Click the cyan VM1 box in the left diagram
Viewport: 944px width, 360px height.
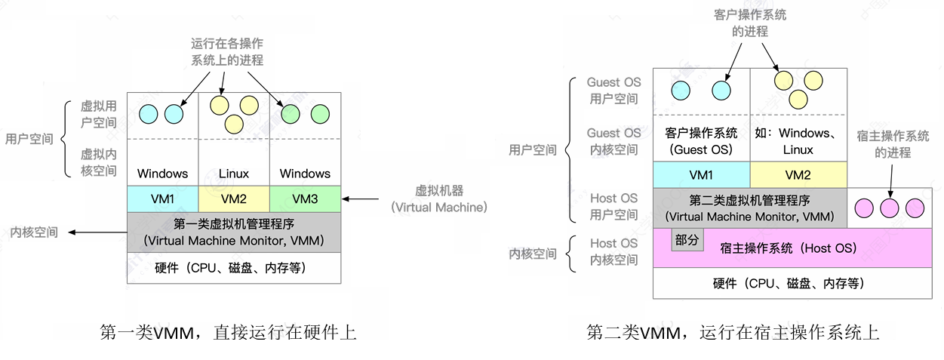click(x=162, y=199)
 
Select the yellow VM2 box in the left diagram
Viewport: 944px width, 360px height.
click(x=234, y=199)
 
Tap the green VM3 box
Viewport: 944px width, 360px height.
click(x=305, y=199)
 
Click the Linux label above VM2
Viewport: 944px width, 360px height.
click(x=234, y=174)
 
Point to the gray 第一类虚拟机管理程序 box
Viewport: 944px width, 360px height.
click(x=234, y=232)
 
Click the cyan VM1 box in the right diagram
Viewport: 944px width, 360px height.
click(x=701, y=174)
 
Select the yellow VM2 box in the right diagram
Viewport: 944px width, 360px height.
click(x=798, y=174)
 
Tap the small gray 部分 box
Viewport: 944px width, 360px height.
click(x=687, y=241)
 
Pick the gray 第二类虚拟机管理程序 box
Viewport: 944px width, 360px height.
click(x=750, y=208)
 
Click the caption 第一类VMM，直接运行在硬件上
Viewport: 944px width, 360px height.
click(x=228, y=332)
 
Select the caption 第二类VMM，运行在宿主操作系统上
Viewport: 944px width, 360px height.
click(x=733, y=332)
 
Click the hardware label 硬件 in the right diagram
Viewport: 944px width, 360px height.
click(x=787, y=284)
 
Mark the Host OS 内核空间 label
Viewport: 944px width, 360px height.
click(x=613, y=252)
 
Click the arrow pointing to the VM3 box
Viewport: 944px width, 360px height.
click(x=361, y=199)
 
